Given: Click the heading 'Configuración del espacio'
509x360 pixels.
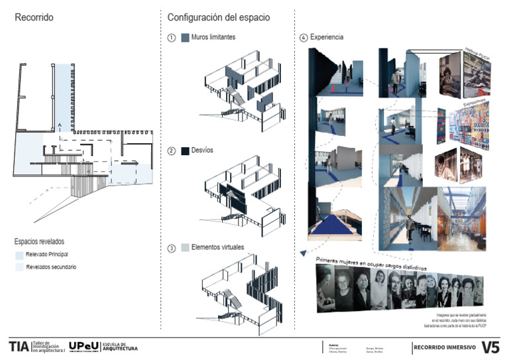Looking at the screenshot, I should [218, 17].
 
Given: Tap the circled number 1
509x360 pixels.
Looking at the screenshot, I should [172, 38].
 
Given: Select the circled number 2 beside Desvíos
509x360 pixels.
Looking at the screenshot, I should [172, 151].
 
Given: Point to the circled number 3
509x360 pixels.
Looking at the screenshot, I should [172, 248].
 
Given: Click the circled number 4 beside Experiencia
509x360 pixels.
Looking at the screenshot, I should [304, 38].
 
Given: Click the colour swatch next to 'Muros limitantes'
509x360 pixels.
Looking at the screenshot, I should [185, 38].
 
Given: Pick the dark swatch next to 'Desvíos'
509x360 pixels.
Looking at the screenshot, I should [185, 151].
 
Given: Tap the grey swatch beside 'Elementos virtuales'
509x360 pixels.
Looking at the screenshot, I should [185, 248].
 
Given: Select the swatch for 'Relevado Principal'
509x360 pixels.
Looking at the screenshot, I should [19, 255].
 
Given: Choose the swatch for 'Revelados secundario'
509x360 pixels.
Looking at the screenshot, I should [19, 267].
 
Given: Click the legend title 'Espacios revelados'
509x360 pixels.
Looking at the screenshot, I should [39, 242].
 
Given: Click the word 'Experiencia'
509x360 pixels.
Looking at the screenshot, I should [327, 38].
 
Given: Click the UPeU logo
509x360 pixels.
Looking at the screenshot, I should [84, 346].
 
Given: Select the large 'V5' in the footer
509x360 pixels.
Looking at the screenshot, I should [490, 346].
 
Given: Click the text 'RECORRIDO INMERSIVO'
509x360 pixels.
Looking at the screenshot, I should [444, 347].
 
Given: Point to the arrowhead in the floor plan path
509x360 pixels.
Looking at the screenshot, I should [60, 123].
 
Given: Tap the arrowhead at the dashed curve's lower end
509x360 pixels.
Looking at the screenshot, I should [302, 253].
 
